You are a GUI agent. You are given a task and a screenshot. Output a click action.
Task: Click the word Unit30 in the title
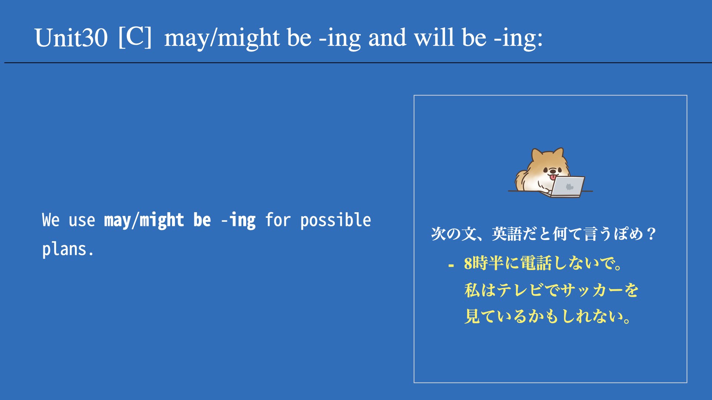tap(71, 38)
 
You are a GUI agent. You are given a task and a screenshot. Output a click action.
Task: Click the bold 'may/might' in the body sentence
tap(144, 220)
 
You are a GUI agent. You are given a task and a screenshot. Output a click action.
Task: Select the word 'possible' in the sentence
tap(336, 220)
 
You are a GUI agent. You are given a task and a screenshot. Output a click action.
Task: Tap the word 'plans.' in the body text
tap(68, 249)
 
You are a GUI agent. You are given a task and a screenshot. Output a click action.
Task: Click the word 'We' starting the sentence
tap(51, 220)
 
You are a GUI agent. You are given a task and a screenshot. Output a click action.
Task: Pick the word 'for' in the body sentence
tap(278, 220)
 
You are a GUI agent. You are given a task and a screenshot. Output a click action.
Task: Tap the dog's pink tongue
tap(553, 177)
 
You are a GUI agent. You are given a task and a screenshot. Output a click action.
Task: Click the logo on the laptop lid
tap(570, 186)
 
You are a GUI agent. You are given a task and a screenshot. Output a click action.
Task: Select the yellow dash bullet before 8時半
tap(451, 265)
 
